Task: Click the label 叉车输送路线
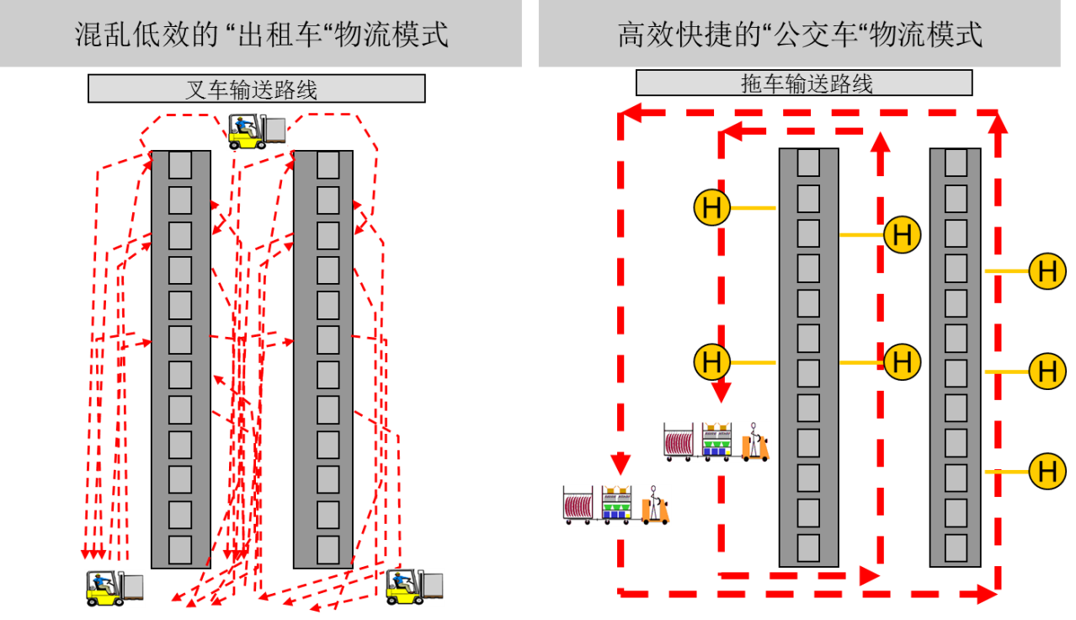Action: [252, 89]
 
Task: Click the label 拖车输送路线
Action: [807, 83]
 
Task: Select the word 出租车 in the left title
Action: [280, 35]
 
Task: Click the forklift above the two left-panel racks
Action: [257, 131]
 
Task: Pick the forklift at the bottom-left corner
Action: [115, 587]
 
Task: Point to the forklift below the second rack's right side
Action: [414, 586]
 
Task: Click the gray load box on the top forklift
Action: [276, 130]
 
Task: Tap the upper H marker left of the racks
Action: [712, 207]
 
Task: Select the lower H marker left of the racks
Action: [712, 362]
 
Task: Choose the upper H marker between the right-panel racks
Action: [902, 234]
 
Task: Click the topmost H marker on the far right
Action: [1047, 271]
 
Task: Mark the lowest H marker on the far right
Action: [1047, 471]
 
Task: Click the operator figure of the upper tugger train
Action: [754, 441]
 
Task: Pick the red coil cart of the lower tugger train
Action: [578, 505]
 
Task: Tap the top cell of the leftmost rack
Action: [180, 164]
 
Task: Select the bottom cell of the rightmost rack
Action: [956, 548]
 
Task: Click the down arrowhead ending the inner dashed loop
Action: [721, 393]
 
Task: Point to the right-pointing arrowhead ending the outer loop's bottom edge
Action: [987, 595]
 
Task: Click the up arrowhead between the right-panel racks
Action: [881, 142]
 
